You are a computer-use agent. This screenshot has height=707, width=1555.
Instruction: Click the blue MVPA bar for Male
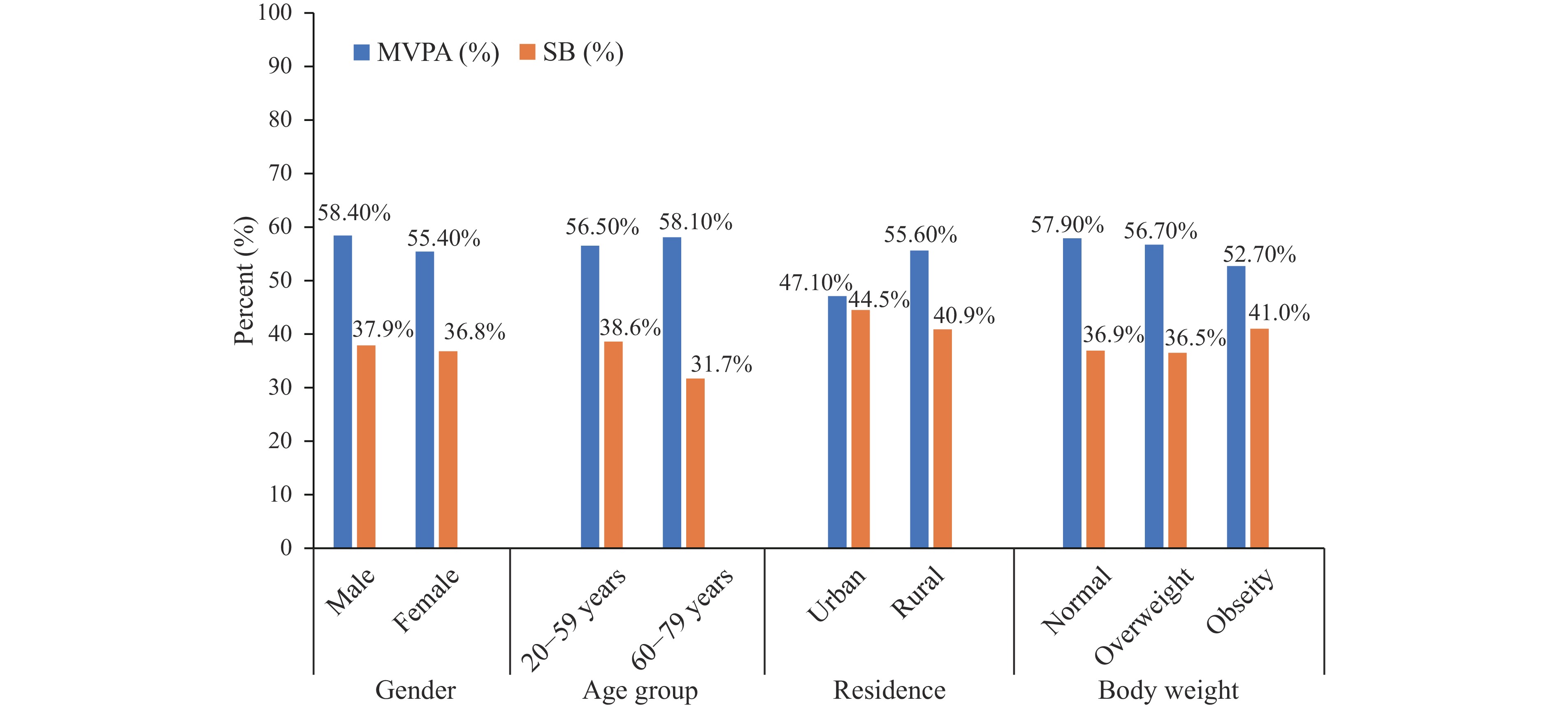342,391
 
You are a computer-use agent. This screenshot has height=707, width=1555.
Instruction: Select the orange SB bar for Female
448,449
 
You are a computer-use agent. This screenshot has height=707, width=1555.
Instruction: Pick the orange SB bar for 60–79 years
695,463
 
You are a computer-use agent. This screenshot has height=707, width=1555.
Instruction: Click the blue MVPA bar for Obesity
1236,407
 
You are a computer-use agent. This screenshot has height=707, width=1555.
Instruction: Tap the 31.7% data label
722,364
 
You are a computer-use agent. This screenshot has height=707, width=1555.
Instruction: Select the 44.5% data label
879,300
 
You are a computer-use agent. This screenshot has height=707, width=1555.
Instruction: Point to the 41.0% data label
1279,313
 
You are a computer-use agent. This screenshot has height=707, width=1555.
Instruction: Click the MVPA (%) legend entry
426,53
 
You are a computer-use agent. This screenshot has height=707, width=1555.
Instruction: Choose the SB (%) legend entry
571,53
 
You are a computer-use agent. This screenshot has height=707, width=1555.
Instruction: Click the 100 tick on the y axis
275,13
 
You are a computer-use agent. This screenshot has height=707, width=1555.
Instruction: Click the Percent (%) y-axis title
244,281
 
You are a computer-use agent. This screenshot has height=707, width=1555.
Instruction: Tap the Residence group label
889,690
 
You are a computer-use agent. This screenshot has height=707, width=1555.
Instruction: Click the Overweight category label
1143,615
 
